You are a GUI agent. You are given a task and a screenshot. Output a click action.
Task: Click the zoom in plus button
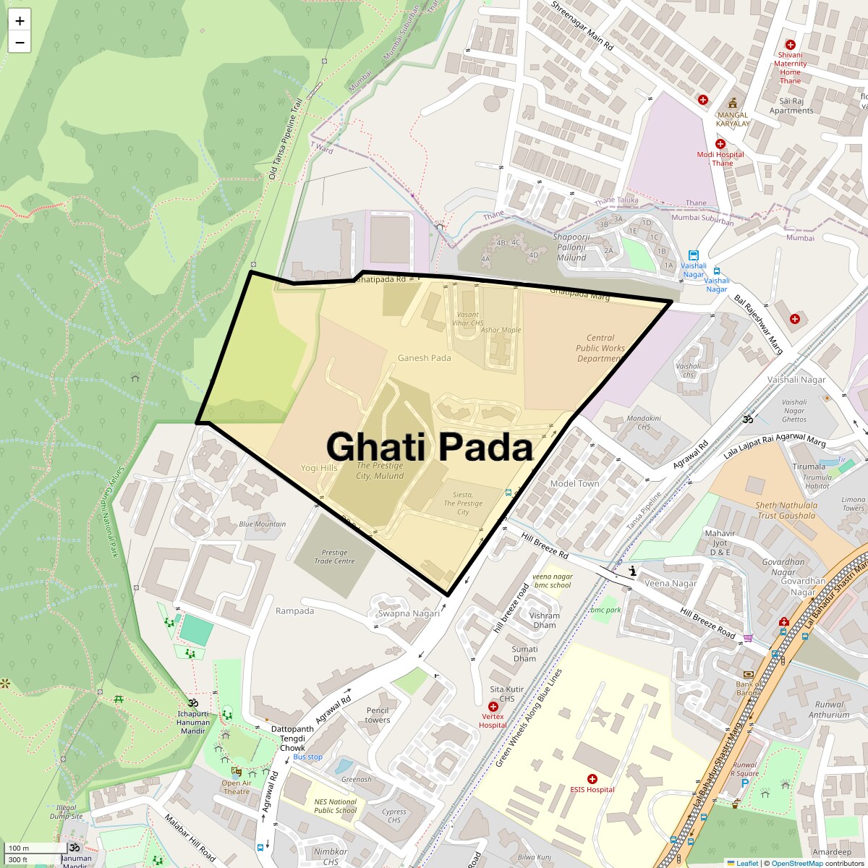coord(20,21)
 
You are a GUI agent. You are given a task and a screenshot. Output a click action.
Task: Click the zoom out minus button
coord(20,43)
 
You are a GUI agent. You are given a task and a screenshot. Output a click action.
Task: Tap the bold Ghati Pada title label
coord(430,446)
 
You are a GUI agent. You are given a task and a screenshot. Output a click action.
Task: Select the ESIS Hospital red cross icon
coord(592,778)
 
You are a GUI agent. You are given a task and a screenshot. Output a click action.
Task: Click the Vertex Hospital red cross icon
coord(493,707)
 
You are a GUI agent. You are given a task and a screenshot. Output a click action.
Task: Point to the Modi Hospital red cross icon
coord(720,144)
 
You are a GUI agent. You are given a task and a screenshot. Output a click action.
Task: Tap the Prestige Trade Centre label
coord(334,556)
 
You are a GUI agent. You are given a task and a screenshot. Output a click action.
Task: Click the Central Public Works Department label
coord(600,348)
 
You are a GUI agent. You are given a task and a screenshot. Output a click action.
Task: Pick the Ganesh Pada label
coord(424,358)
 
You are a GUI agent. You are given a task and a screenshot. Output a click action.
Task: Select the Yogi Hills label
coord(319,468)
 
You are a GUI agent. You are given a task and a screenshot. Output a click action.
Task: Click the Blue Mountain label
coord(262,524)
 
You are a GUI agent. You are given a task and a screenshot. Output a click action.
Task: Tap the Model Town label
coord(574,483)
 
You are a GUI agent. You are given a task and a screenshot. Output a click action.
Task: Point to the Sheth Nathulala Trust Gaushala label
coord(786,511)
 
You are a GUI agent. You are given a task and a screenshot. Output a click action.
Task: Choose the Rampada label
coord(294,611)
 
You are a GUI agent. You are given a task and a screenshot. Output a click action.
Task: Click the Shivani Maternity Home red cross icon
coord(790,45)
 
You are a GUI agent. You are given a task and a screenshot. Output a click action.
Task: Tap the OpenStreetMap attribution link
coord(796,863)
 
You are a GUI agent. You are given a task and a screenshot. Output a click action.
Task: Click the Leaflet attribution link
coord(746,863)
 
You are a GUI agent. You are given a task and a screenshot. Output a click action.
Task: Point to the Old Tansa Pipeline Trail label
coord(284,138)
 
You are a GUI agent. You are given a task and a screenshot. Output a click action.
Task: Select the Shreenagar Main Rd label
coord(582,25)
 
